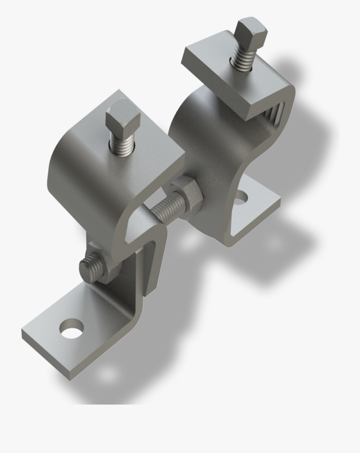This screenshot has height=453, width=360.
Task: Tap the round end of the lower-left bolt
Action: pyautogui.click(x=88, y=266)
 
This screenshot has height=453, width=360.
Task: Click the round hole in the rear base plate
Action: pyautogui.click(x=241, y=196)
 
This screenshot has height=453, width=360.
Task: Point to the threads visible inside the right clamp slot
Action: pyautogui.click(x=276, y=114)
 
